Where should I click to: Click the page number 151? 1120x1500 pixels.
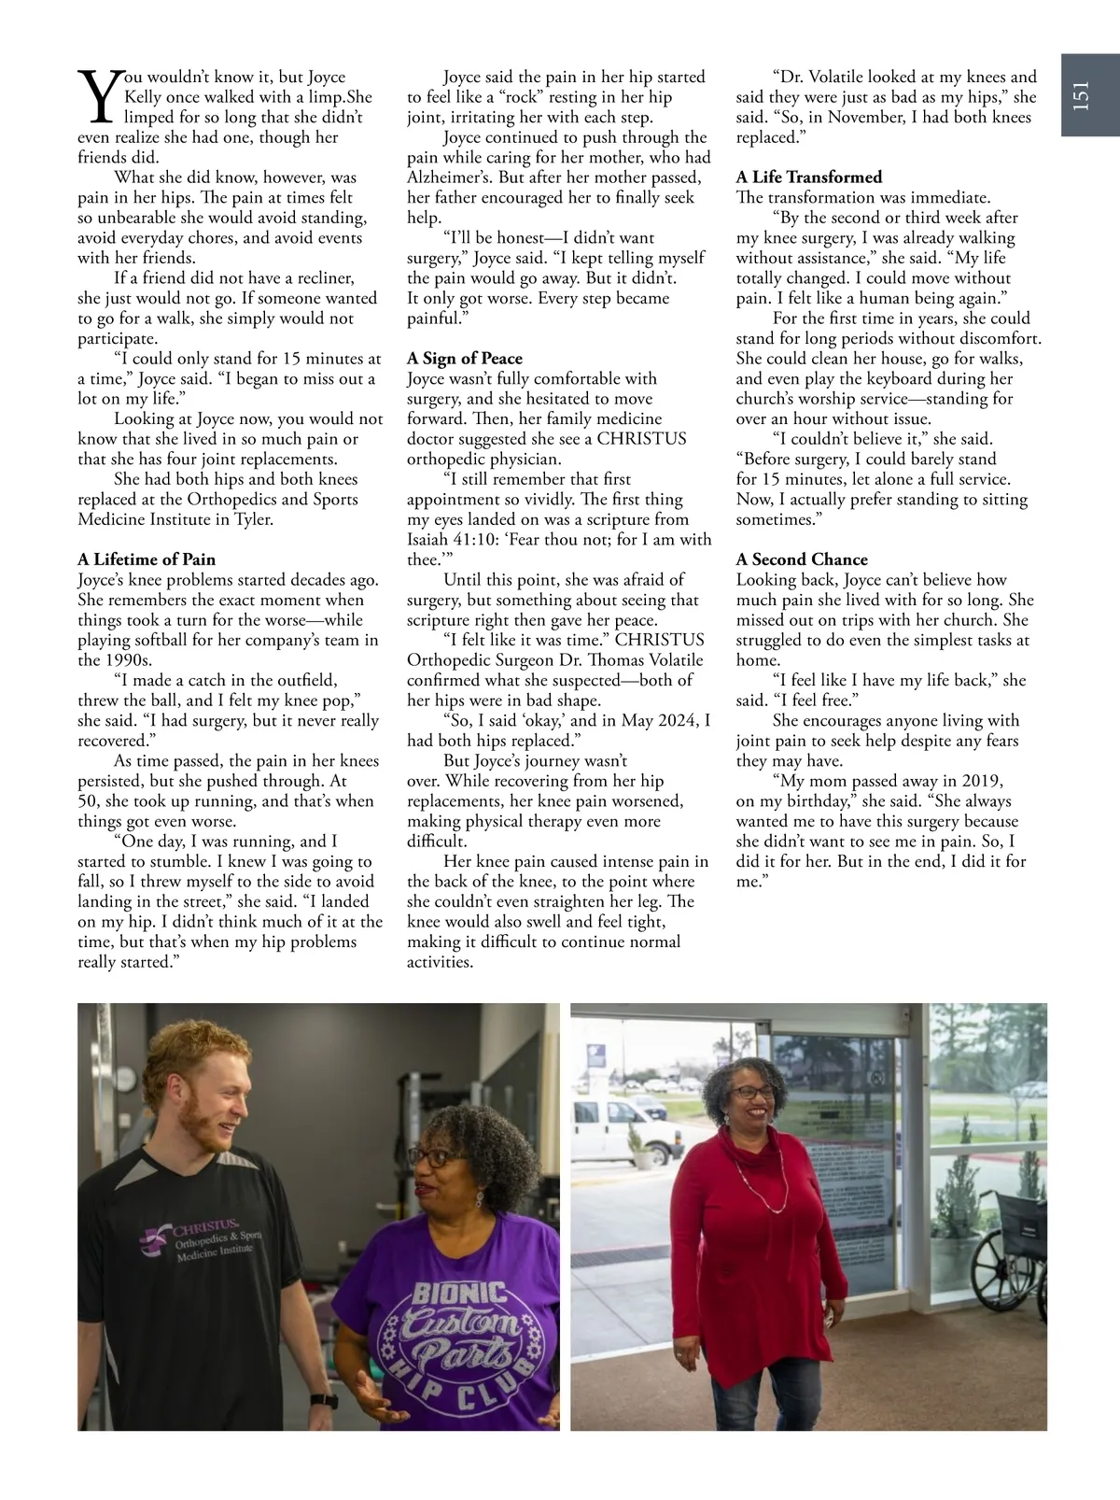point(1081,94)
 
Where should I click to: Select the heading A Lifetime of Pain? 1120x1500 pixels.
point(147,559)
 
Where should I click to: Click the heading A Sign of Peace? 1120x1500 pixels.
point(465,359)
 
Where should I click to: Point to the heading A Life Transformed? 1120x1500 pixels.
point(809,177)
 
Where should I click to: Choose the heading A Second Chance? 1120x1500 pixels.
point(802,559)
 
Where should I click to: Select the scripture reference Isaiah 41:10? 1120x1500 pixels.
point(452,540)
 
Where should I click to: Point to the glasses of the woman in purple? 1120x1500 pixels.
point(428,1156)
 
